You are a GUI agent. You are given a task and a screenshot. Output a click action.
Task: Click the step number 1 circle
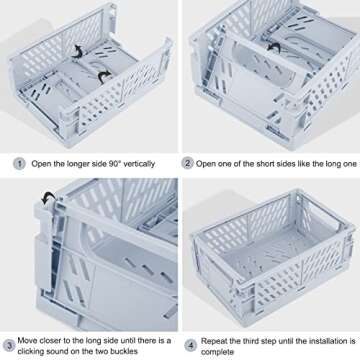tap(18, 163)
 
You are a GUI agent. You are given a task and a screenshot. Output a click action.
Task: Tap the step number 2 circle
tap(187, 163)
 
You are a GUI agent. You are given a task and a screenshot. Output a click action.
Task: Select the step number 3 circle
tap(9, 345)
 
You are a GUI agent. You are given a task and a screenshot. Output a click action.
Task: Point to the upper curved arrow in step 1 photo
tap(74, 49)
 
